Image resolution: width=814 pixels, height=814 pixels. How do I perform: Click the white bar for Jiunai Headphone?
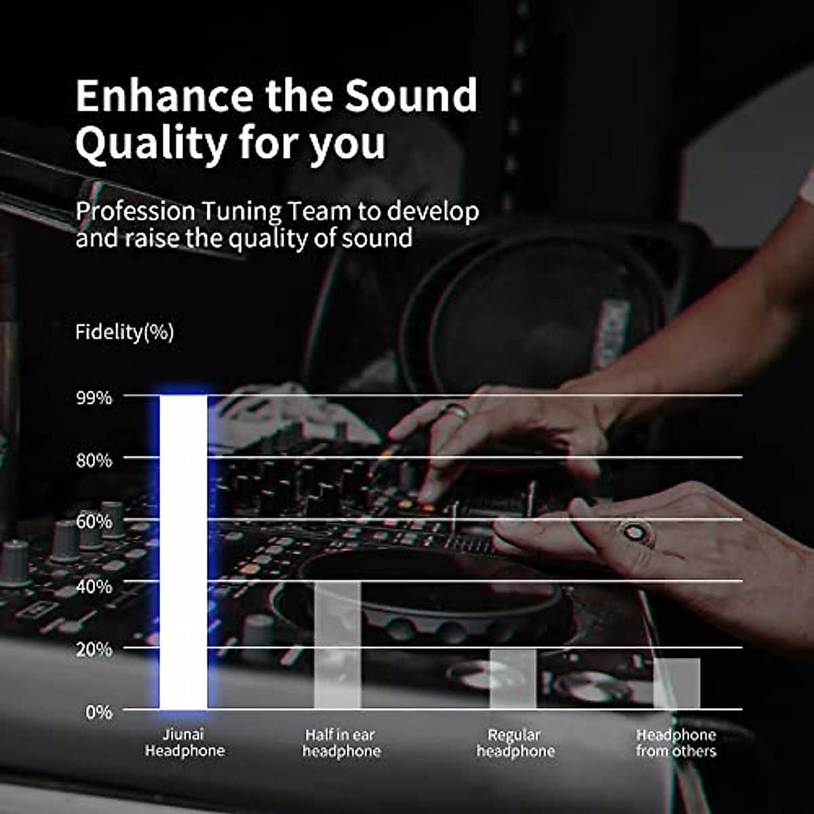point(183,552)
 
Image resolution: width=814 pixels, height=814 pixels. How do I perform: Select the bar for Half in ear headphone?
point(337,644)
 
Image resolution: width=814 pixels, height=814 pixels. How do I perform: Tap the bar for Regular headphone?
point(513,679)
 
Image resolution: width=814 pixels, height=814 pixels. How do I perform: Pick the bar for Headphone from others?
point(676,683)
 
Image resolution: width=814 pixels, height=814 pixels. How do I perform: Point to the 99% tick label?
point(94,398)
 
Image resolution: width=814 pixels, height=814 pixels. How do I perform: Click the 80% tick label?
point(94,461)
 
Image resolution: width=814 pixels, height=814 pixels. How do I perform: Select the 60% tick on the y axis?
point(94,522)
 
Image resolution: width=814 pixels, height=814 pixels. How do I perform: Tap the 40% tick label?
point(94,586)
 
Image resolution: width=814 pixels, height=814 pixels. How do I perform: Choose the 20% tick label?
point(94,649)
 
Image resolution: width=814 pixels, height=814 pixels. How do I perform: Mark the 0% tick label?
point(98,712)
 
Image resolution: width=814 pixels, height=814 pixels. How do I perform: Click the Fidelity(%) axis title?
point(125,332)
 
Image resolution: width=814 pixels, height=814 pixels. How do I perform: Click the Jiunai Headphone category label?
point(185,743)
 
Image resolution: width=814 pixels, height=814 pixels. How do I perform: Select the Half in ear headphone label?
point(341,743)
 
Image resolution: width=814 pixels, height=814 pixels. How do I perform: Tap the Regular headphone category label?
point(515,743)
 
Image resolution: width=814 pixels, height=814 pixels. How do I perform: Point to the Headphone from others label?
point(676,743)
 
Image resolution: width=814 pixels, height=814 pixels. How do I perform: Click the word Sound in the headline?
point(411,96)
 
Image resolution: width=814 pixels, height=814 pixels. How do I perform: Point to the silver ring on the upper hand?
point(456,410)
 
